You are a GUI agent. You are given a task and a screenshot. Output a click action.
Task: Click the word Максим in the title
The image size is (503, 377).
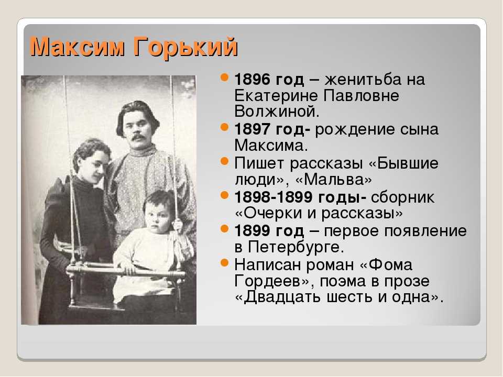click(76, 47)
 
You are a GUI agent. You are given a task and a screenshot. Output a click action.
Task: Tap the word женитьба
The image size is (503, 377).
click(363, 79)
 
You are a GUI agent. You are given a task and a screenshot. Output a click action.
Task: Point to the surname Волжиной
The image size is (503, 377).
click(277, 111)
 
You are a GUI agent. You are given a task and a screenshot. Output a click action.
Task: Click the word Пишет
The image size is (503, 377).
click(260, 163)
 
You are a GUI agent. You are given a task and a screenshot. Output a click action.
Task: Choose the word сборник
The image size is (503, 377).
click(402, 197)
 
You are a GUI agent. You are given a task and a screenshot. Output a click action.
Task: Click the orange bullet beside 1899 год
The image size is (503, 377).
click(225, 229)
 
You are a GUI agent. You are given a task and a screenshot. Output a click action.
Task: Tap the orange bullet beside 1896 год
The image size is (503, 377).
click(225, 77)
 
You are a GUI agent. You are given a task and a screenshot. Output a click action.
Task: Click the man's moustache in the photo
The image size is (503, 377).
click(139, 138)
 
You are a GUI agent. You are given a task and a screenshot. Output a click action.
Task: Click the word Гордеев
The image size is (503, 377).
click(272, 282)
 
